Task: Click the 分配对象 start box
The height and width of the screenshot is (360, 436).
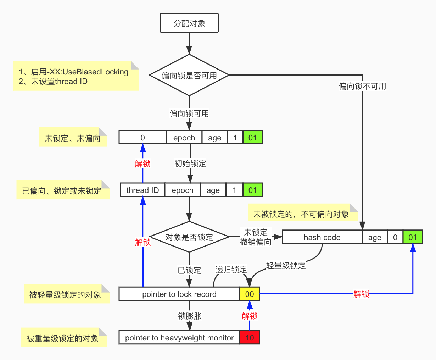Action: [x=189, y=23]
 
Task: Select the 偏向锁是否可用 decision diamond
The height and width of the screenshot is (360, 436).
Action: [x=189, y=75]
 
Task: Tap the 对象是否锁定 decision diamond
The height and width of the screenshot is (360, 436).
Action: [x=189, y=237]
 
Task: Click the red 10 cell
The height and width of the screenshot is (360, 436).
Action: [x=250, y=338]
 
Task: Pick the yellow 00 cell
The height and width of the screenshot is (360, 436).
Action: [x=250, y=294]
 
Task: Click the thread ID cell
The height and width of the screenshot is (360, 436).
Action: [x=142, y=190]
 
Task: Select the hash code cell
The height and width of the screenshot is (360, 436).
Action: [x=322, y=237]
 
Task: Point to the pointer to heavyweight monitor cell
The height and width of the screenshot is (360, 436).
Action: [x=179, y=338]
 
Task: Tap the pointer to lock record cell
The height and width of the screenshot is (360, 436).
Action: [x=179, y=294]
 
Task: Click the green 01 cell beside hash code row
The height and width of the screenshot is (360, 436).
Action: [x=413, y=237]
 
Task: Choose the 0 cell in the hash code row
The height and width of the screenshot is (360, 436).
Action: [x=395, y=237]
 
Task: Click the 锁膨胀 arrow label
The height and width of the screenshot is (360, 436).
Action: [x=190, y=316]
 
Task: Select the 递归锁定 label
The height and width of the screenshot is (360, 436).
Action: [x=231, y=270]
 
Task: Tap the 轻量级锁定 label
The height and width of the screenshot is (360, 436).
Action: [x=286, y=266]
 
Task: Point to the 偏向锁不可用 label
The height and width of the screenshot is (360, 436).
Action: [x=362, y=86]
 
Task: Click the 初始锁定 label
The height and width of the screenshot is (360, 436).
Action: [x=190, y=164]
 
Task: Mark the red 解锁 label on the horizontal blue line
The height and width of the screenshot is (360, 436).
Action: [x=361, y=294]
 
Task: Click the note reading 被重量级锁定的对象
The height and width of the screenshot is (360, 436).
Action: [x=63, y=338]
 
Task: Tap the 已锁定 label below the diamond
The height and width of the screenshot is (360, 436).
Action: [x=189, y=270]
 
